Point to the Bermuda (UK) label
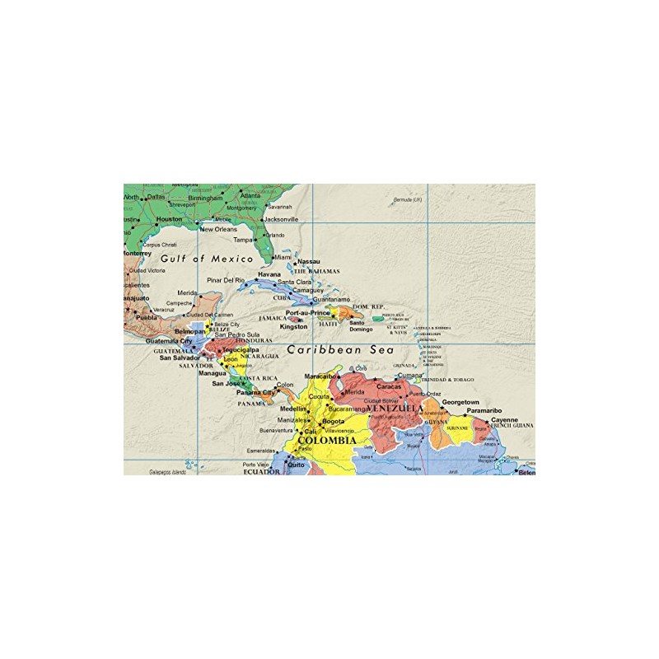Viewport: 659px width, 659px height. (x=407, y=200)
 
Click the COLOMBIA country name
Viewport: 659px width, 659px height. (x=327, y=441)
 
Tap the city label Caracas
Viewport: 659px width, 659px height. (x=389, y=386)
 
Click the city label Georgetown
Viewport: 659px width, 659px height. (x=460, y=402)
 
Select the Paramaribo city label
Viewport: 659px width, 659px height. (x=484, y=410)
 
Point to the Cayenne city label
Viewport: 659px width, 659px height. (x=505, y=419)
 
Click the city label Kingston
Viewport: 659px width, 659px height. (x=293, y=326)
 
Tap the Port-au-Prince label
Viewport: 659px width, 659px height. (x=307, y=313)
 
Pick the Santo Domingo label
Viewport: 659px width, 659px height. (x=357, y=326)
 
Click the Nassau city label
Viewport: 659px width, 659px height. (x=308, y=262)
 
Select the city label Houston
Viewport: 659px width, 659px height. (x=169, y=219)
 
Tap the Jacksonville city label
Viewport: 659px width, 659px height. (x=280, y=220)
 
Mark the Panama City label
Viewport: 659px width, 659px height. (x=255, y=393)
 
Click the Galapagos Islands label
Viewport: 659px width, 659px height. (x=167, y=473)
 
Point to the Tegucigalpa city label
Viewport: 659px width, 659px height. (x=240, y=349)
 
